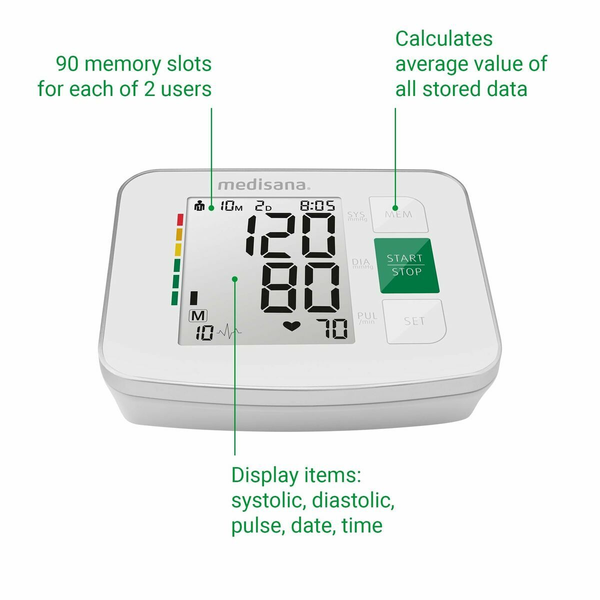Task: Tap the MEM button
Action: (x=398, y=214)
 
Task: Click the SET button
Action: (x=414, y=321)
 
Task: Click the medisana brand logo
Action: (x=263, y=185)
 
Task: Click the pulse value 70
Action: (x=332, y=329)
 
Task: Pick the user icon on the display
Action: (x=200, y=206)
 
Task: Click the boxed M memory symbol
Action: (x=198, y=316)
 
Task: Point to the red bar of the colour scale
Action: (x=180, y=219)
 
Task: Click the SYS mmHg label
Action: (x=357, y=216)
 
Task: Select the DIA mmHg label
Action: (x=362, y=263)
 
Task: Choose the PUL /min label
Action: (x=367, y=318)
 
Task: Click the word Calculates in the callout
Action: (x=444, y=38)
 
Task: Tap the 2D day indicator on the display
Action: (x=263, y=206)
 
